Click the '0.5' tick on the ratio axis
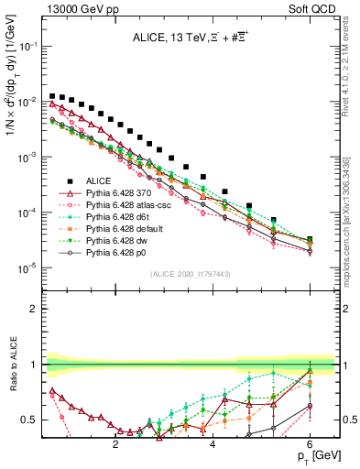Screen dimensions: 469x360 (x=28, y=420)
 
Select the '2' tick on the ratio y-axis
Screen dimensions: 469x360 (x=34, y=309)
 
